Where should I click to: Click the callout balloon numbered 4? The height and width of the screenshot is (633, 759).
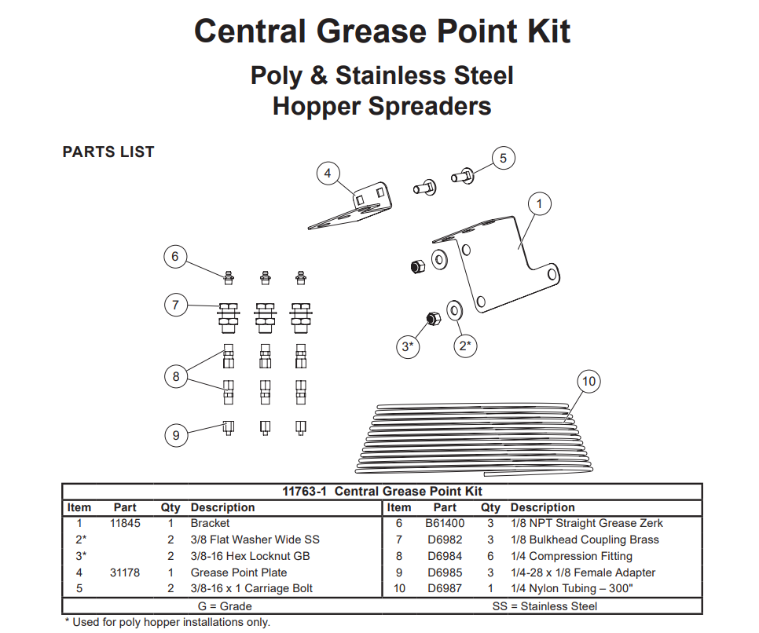pyautogui.click(x=328, y=174)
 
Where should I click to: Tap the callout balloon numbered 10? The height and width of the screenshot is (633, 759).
pyautogui.click(x=588, y=382)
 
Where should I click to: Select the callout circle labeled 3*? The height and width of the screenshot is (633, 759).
pyautogui.click(x=407, y=346)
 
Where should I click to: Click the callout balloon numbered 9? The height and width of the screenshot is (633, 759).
pyautogui.click(x=176, y=434)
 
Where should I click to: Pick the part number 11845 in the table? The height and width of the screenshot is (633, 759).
pyautogui.click(x=126, y=523)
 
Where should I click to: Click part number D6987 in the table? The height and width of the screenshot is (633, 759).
pyautogui.click(x=445, y=589)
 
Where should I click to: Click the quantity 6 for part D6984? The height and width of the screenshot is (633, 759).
pyautogui.click(x=490, y=556)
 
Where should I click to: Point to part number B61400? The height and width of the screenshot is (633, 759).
pyautogui.click(x=445, y=523)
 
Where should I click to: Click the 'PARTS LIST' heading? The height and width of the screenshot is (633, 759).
pyautogui.click(x=108, y=152)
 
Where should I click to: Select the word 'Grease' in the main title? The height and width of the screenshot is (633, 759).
pyautogui.click(x=370, y=31)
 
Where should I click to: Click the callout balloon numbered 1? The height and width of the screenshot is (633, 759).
pyautogui.click(x=540, y=204)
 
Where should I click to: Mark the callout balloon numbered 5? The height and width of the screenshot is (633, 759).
pyautogui.click(x=504, y=158)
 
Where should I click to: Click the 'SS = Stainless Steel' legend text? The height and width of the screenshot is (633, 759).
pyautogui.click(x=544, y=606)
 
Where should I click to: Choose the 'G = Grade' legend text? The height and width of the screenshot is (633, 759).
pyautogui.click(x=225, y=606)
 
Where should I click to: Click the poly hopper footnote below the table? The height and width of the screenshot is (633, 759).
pyautogui.click(x=167, y=623)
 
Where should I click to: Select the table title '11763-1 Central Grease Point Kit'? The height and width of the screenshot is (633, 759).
pyautogui.click(x=382, y=492)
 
